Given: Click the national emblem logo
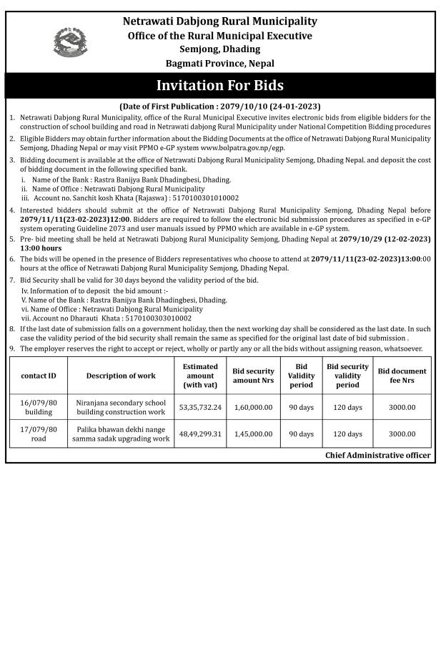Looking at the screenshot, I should tap(69, 41).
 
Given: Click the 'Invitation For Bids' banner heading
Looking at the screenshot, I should tap(220, 85).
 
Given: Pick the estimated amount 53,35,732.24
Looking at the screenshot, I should tap(200, 407).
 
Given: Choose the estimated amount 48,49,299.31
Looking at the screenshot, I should tap(200, 434).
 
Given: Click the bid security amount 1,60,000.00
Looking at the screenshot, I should tap(253, 407).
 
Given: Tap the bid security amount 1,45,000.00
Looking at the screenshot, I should tap(253, 434).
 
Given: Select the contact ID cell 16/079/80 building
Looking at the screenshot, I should tap(39, 407).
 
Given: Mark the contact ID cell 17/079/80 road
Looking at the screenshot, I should tap(39, 434).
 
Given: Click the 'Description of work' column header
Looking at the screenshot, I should tap(121, 376).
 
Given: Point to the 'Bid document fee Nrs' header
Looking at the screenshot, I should tap(402, 376).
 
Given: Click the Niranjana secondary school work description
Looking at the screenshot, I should tap(121, 407).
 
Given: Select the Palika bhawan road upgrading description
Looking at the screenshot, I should tap(121, 434).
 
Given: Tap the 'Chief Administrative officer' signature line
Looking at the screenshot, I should tap(377, 455).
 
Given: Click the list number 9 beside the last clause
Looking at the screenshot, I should tap(11, 348).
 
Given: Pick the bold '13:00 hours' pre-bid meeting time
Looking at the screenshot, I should tap(41, 248).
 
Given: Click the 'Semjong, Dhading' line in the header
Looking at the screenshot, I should tap(220, 49).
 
